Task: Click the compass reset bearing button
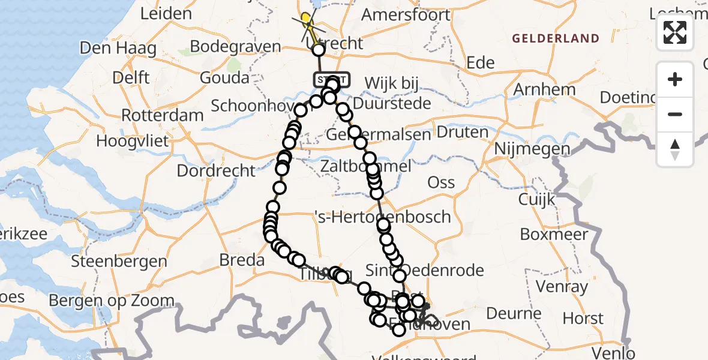(x=675, y=149)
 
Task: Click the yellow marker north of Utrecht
(x=307, y=18)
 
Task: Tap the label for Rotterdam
(x=162, y=114)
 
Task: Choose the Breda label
(x=242, y=260)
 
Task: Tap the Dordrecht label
(x=216, y=170)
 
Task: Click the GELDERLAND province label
(x=556, y=38)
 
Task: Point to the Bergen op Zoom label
(x=112, y=300)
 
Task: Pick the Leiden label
(x=166, y=14)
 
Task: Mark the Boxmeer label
(x=554, y=234)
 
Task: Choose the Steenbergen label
(x=119, y=262)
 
